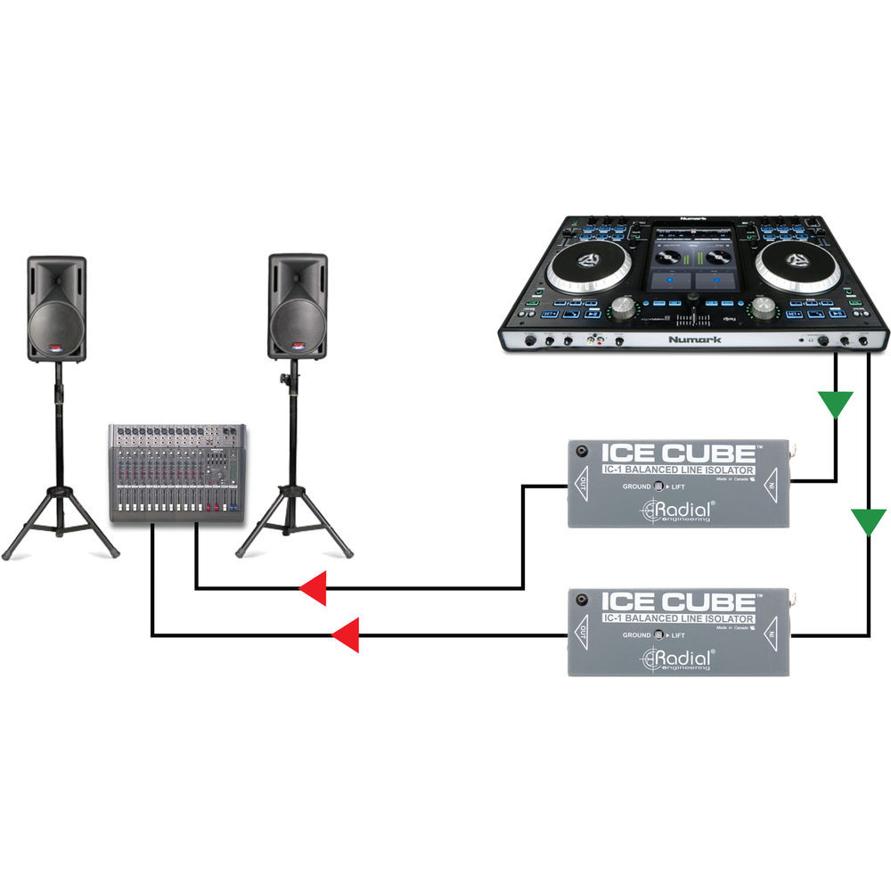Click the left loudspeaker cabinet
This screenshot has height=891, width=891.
[56, 308]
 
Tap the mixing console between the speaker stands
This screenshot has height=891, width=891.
[178, 472]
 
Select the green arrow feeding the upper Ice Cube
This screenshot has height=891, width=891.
[836, 405]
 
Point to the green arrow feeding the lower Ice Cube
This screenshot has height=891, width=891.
[868, 521]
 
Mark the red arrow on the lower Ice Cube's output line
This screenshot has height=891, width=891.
[345, 635]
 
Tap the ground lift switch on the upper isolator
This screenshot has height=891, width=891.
[660, 486]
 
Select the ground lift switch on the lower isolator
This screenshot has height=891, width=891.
[660, 634]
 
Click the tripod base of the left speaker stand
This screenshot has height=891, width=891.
[60, 526]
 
